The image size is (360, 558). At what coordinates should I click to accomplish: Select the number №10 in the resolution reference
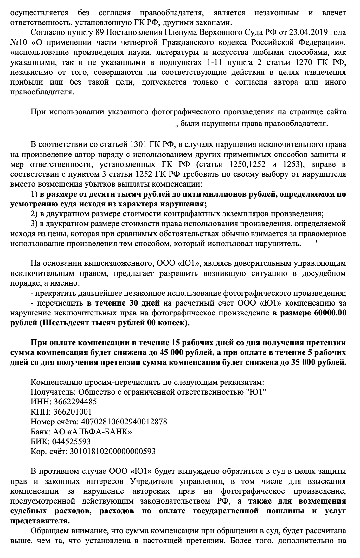point(18,42)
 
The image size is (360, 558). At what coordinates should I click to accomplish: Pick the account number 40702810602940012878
point(124,422)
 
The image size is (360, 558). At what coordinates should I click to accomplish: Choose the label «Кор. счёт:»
point(48,451)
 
